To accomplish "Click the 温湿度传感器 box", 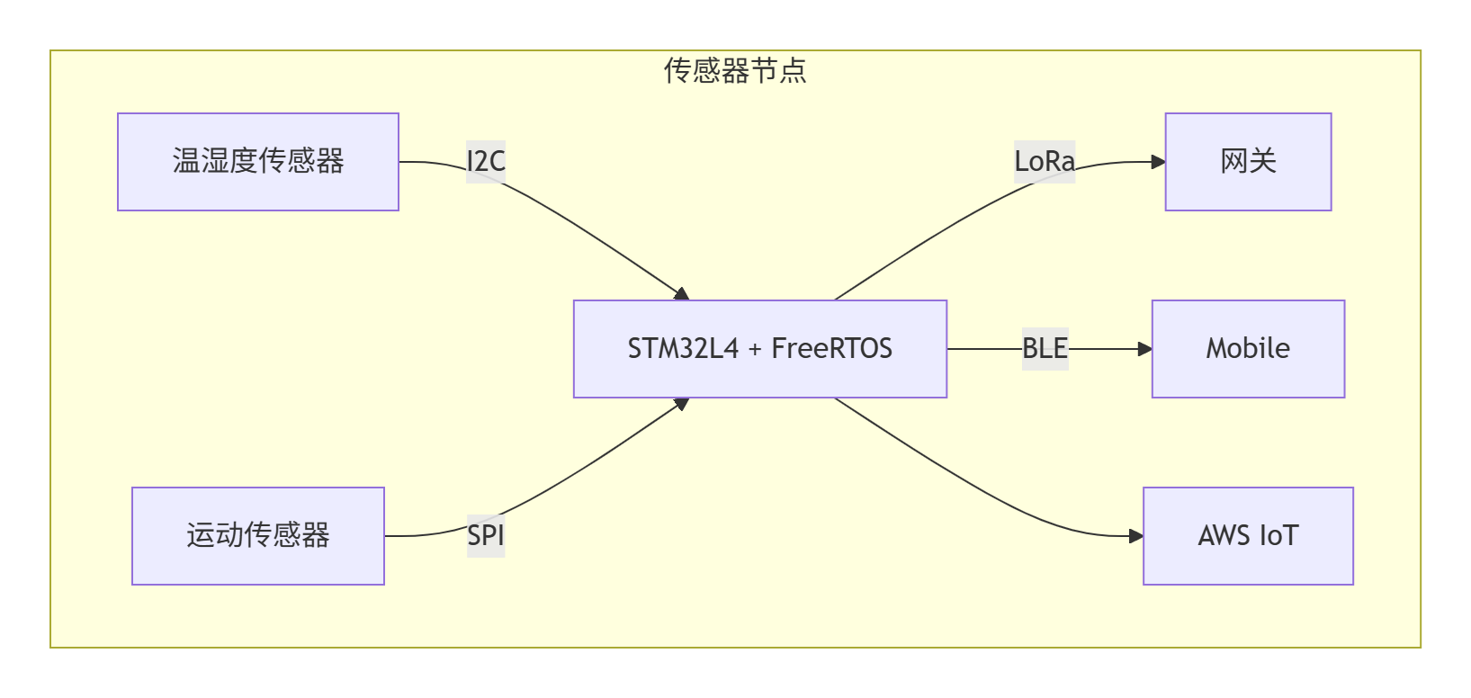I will coord(257,162).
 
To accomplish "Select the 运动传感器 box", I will coord(257,536).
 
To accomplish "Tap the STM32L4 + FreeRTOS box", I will coord(759,349).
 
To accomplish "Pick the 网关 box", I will coord(1248,162).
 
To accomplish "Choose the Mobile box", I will coord(1248,349).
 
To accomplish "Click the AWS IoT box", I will coord(1248,536).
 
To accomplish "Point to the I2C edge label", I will coord(486,162).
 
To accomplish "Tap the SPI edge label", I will coord(486,536).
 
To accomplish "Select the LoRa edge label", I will coord(1045,162).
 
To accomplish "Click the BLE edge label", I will coord(1045,349).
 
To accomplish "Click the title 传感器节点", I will coord(735,70).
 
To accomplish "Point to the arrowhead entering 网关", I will coord(1159,162).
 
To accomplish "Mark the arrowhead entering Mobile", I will coord(1145,349).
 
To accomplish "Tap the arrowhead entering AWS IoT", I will coord(1136,536).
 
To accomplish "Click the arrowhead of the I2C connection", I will coord(682,294).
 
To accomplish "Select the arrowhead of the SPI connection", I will coord(682,404).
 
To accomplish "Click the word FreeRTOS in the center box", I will coord(831,349).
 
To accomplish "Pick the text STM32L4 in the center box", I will coord(683,349).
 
